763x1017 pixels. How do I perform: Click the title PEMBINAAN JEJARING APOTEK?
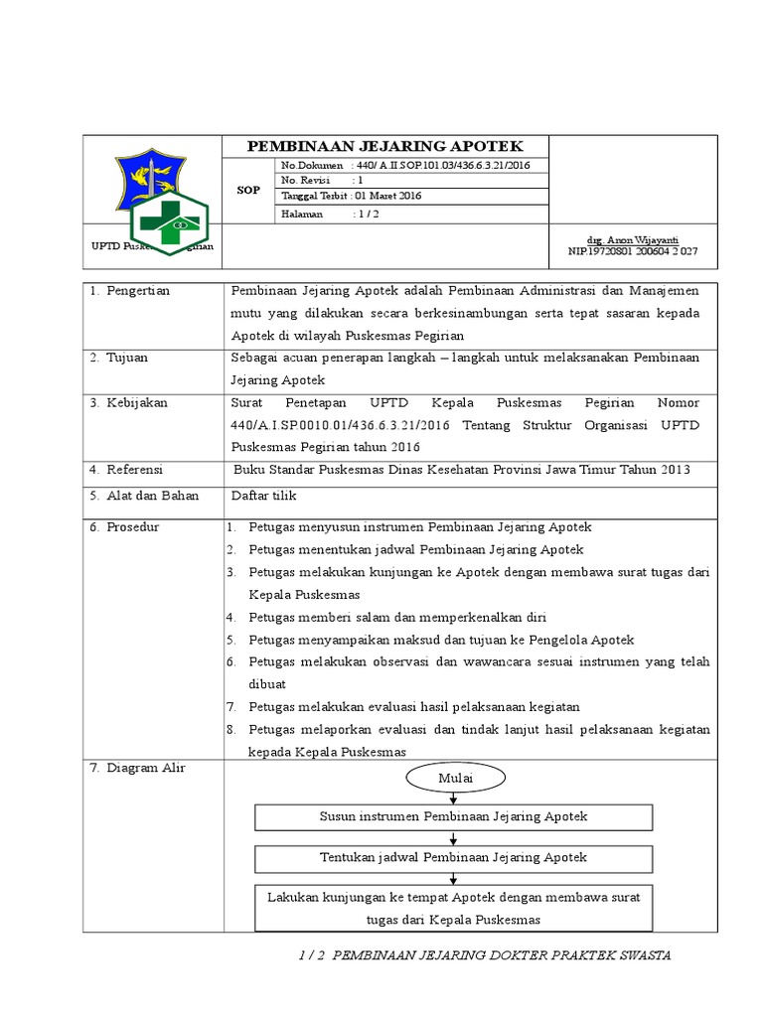tap(384, 146)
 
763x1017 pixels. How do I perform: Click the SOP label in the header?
tap(248, 189)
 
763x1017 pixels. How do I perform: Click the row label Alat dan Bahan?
tap(152, 495)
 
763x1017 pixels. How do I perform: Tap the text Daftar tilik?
tap(263, 495)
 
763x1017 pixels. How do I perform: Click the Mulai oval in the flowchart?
tap(455, 778)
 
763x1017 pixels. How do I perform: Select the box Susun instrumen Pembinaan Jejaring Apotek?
tap(454, 816)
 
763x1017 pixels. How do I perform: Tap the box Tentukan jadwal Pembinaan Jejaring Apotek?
tap(454, 856)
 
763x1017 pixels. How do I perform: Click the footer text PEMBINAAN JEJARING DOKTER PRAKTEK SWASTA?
tap(503, 954)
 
